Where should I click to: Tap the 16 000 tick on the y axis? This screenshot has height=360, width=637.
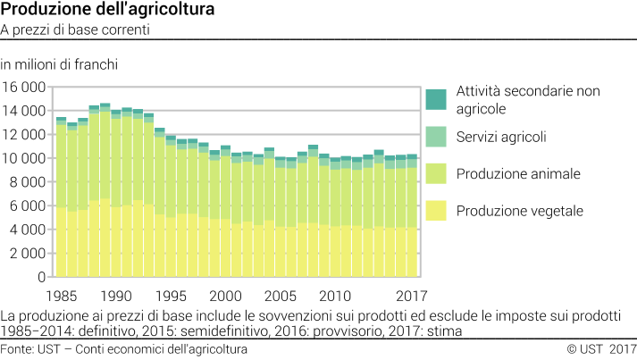tap(25, 88)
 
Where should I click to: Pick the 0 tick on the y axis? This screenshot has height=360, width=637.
tap(42, 277)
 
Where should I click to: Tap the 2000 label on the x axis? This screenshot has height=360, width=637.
tap(225, 296)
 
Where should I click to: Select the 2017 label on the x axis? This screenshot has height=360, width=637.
tap(411, 296)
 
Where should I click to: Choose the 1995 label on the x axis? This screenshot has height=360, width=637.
tap(171, 296)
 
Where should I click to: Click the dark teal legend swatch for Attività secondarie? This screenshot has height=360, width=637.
tap(436, 100)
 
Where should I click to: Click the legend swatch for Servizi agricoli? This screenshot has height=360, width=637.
tap(436, 137)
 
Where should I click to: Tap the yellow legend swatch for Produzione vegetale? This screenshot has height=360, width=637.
tap(436, 211)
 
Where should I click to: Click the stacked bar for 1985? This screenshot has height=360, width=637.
tap(61, 197)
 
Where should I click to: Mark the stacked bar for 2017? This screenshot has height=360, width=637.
tap(411, 215)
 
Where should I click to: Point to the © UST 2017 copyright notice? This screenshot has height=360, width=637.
tap(600, 348)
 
